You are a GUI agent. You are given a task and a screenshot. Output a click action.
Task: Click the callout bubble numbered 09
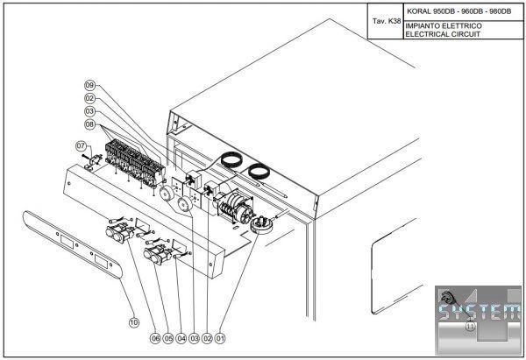tap(89, 85)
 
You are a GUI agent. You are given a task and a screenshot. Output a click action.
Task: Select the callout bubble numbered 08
tap(89, 124)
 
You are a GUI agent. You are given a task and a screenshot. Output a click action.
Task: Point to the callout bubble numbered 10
tap(134, 322)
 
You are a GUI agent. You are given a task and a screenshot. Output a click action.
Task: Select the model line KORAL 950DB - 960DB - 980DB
tap(458, 11)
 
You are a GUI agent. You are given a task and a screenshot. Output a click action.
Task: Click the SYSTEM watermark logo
tap(478, 314)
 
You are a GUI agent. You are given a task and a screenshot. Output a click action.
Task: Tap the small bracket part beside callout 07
tap(90, 160)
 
